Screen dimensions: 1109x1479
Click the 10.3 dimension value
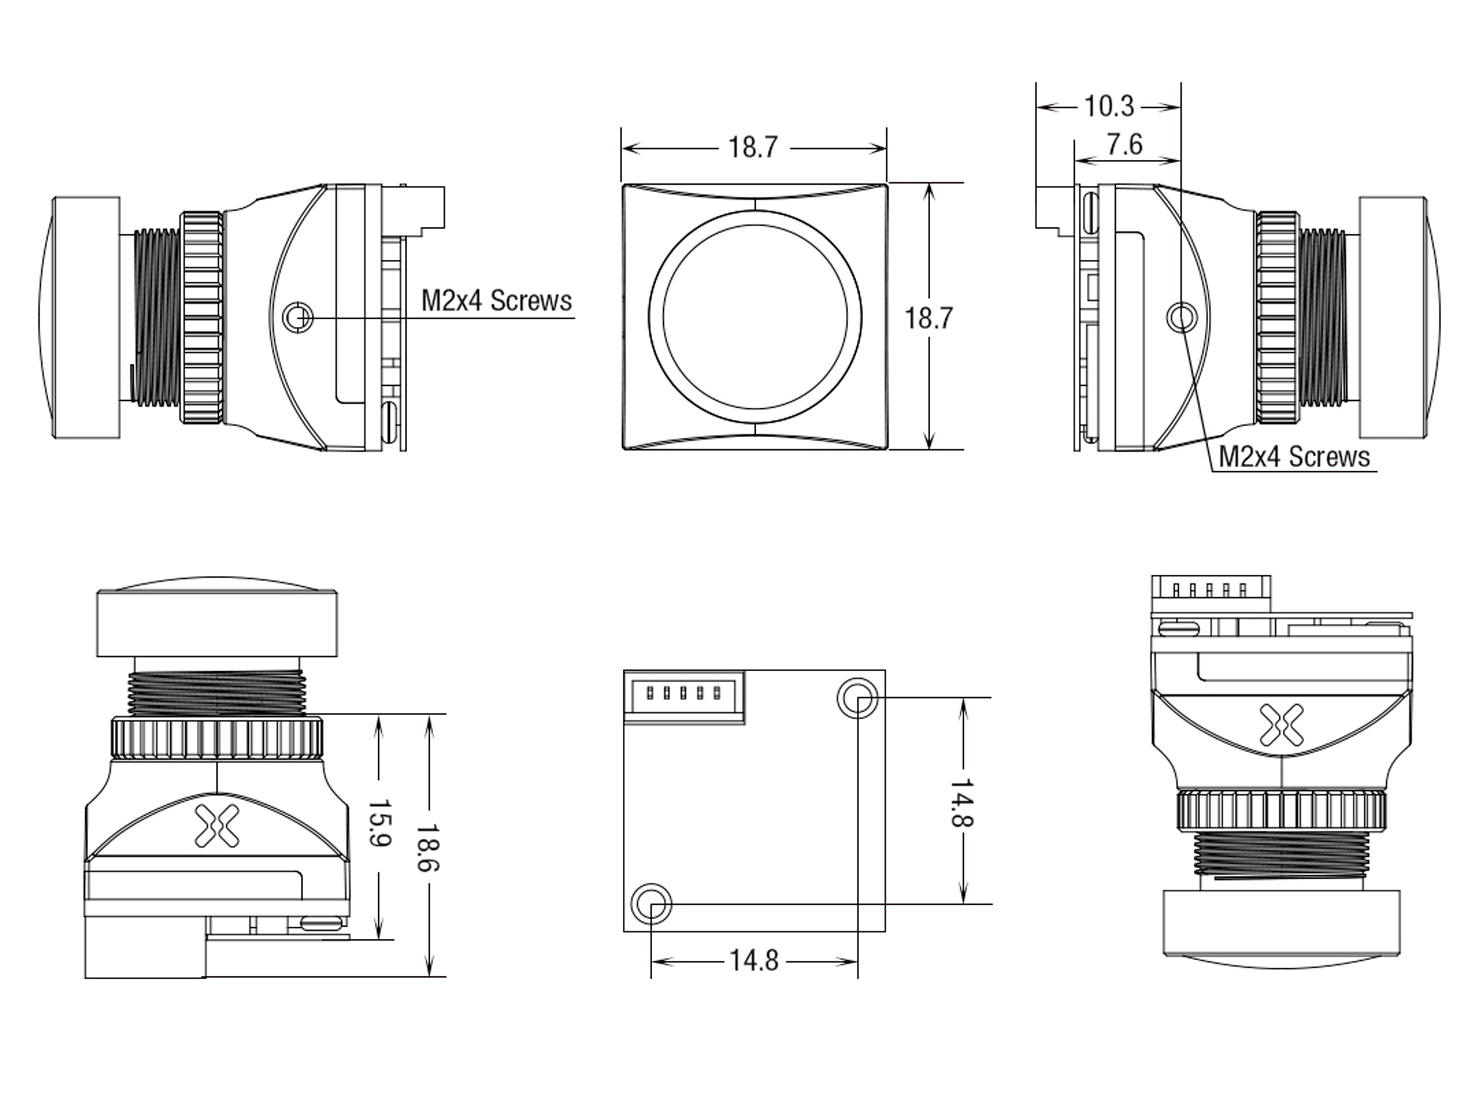tap(1109, 106)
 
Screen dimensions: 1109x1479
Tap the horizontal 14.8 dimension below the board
tap(753, 961)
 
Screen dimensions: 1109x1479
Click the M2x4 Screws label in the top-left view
tap(496, 301)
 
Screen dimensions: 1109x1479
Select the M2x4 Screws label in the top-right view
tap(1294, 457)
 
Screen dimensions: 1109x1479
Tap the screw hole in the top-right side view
tap(1181, 317)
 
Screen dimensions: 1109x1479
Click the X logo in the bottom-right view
tap(1280, 724)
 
